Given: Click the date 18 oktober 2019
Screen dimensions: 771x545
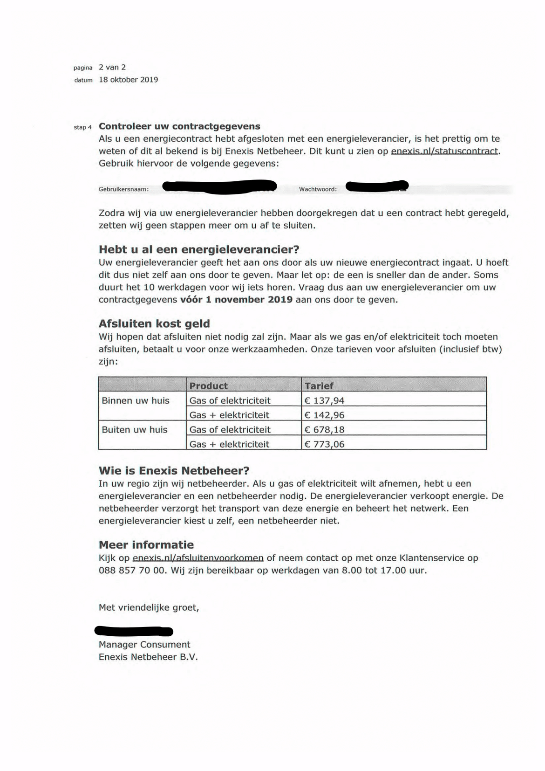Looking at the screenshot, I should [x=128, y=80].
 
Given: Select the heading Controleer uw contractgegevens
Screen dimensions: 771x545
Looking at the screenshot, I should [x=179, y=126].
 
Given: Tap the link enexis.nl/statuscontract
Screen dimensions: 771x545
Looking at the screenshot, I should [x=445, y=151].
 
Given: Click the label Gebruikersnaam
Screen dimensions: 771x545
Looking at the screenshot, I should [x=123, y=189].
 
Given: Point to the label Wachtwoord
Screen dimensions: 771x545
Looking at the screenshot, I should [x=318, y=189].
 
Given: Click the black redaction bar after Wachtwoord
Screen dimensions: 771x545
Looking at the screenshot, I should [x=377, y=186].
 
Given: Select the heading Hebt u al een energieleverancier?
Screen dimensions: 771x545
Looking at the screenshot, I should [x=199, y=249].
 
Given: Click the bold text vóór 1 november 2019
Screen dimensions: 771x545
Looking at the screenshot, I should [x=236, y=299].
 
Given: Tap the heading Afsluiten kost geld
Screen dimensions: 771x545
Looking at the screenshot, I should [x=154, y=324].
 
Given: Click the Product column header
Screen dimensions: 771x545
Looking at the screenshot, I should [x=208, y=385].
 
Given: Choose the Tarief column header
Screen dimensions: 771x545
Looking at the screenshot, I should [x=319, y=385].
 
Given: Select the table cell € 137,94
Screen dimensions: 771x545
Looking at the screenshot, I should [x=324, y=400].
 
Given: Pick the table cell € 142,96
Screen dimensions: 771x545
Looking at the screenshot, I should [x=324, y=415].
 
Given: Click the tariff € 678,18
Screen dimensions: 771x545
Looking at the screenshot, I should [x=324, y=429].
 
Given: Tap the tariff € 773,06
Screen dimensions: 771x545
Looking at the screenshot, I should [x=324, y=444].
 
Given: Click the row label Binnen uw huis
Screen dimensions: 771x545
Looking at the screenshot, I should [x=136, y=400].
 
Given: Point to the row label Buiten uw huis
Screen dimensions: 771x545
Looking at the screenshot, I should [x=135, y=429].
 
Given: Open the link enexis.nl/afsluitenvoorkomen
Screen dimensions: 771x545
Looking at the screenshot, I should [x=198, y=558].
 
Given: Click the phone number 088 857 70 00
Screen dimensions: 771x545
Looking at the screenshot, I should [x=132, y=570].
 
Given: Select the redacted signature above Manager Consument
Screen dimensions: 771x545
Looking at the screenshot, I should [x=134, y=631].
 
